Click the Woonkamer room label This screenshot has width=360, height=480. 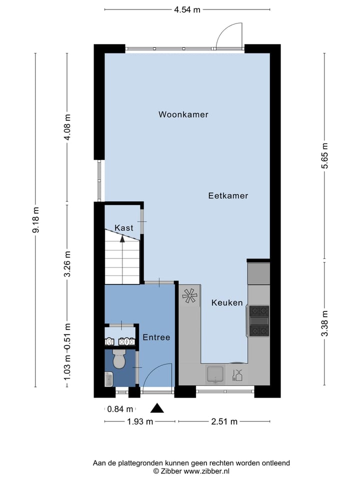[x=183, y=114]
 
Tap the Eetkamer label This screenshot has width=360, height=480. [x=228, y=196]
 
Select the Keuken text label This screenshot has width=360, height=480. [x=227, y=302]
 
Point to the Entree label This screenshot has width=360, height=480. [x=156, y=337]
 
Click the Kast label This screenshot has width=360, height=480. [x=123, y=228]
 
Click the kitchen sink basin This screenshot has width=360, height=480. [x=215, y=373]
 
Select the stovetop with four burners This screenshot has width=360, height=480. [x=259, y=320]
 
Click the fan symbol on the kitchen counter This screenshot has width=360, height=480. [x=190, y=295]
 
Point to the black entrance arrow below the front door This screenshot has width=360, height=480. [x=157, y=408]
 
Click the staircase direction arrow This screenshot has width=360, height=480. [x=122, y=239]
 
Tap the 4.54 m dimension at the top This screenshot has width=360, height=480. [x=187, y=9]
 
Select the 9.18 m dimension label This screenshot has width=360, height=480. [x=35, y=220]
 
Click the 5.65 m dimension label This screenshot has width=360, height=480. [x=325, y=156]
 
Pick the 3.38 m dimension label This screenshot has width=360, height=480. [x=325, y=323]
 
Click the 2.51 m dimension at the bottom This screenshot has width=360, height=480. [x=224, y=421]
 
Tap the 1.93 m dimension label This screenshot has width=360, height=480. [x=139, y=421]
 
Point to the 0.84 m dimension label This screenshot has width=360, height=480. [x=120, y=408]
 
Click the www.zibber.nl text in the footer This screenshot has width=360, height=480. [x=207, y=471]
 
